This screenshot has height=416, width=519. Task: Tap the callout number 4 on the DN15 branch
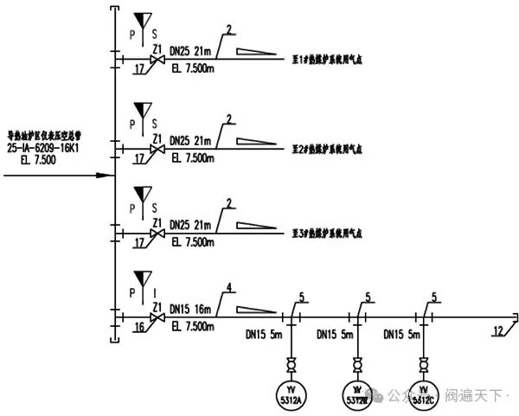pyautogui.click(x=228, y=288)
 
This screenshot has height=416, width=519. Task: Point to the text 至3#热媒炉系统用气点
pyautogui.click(x=326, y=234)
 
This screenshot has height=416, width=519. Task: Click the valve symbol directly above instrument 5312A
pyautogui.click(x=292, y=362)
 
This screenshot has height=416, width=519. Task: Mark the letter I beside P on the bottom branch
pyautogui.click(x=156, y=293)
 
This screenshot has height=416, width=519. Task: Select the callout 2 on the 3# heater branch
pyautogui.click(x=228, y=203)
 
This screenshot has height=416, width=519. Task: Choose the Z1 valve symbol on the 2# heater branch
pyautogui.click(x=157, y=150)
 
